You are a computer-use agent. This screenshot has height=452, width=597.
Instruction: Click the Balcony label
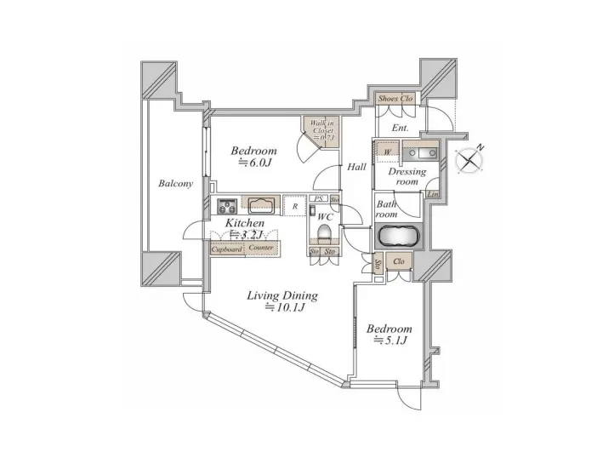175,184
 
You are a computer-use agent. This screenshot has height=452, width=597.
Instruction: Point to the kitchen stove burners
227,204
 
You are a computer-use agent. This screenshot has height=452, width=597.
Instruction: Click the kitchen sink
260,204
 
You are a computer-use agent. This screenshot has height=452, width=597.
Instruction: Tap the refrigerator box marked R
294,205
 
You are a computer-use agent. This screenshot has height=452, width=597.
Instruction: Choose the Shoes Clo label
395,99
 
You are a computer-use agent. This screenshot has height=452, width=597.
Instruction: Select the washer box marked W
388,152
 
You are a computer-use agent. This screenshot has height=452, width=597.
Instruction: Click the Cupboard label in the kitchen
226,249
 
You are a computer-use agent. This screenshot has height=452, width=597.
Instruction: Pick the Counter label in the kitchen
261,249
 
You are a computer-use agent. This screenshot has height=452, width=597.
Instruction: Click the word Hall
357,167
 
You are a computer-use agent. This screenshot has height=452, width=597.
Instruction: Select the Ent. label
400,129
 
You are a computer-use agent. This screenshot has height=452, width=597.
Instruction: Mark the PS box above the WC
317,200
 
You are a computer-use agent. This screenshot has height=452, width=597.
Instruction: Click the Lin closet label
433,195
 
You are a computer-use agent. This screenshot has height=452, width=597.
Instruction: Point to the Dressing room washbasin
420,154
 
